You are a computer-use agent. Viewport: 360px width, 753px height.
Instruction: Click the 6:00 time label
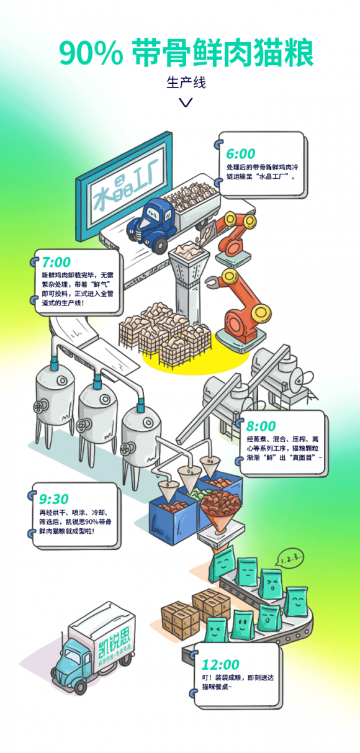click(x=241, y=154)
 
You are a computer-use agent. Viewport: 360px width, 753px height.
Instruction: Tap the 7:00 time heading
click(x=56, y=262)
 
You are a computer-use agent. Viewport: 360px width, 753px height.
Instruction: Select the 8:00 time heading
click(x=261, y=426)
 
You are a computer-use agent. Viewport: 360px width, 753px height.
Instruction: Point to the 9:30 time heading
click(x=54, y=499)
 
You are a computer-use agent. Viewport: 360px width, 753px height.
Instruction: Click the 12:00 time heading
click(x=220, y=665)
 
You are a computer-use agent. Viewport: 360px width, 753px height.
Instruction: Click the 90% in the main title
click(x=91, y=53)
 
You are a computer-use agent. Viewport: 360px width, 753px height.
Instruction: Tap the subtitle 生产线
click(x=186, y=83)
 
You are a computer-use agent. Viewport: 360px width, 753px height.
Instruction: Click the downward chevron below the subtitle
click(x=186, y=102)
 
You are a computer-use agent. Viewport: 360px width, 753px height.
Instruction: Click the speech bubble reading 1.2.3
click(x=289, y=558)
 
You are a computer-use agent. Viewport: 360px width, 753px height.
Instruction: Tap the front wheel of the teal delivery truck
click(x=80, y=687)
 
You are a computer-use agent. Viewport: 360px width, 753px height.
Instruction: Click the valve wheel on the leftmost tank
click(x=40, y=407)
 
